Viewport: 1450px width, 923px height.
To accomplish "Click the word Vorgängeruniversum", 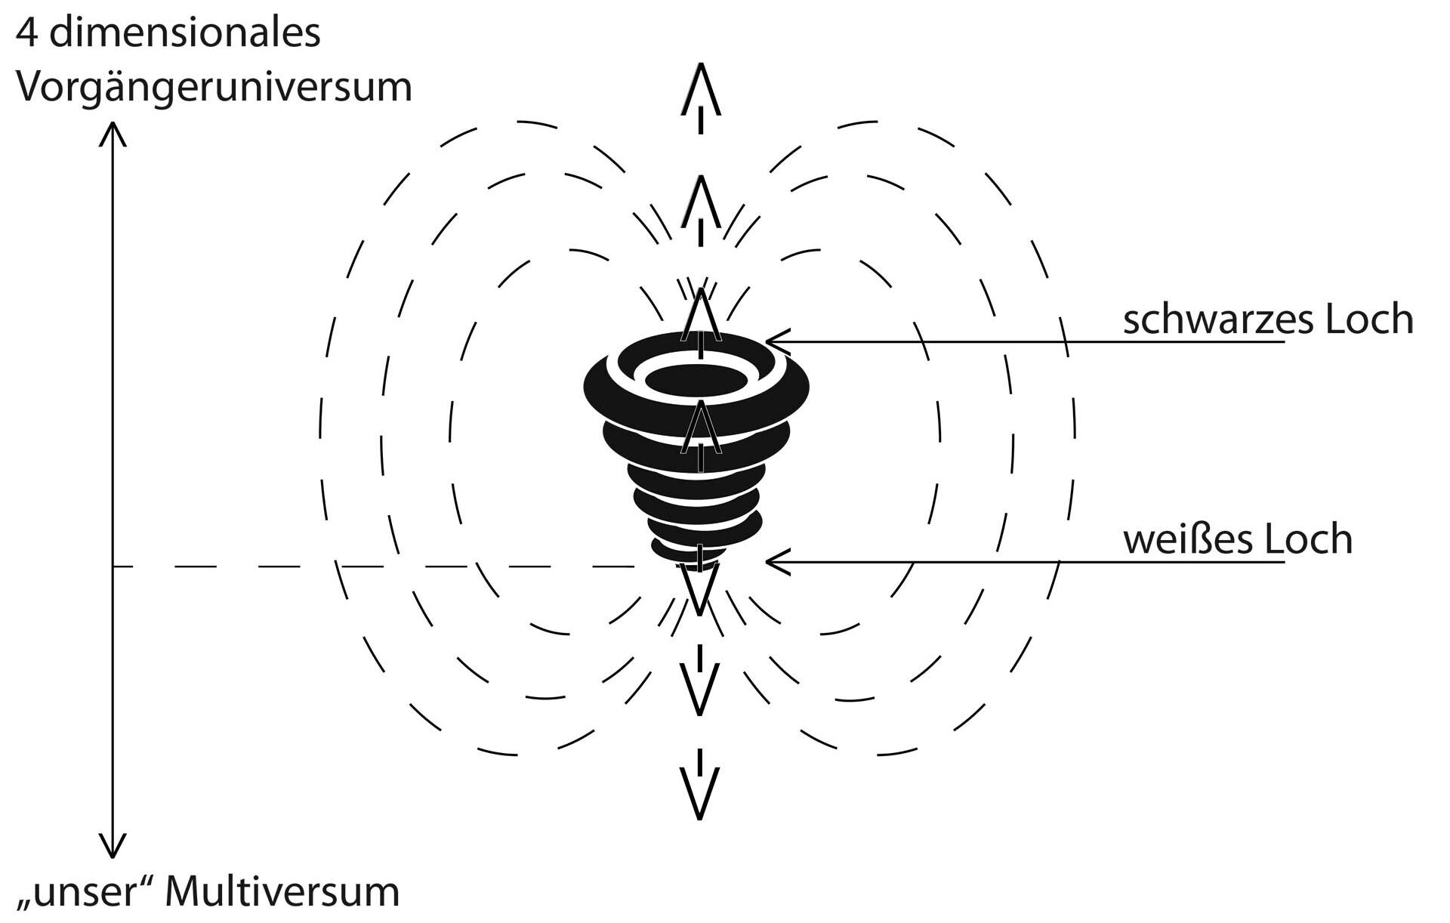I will tap(214, 88).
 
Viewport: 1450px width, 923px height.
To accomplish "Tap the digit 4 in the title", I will tap(27, 34).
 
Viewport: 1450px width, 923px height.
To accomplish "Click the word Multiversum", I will tap(282, 892).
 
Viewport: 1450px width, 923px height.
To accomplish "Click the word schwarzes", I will tap(1219, 320).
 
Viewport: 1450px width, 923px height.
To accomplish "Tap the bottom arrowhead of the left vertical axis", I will tap(113, 847).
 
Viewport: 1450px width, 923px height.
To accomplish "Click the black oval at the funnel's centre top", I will tap(695, 380).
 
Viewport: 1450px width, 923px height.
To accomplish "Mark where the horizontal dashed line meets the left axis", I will tap(113, 566).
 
